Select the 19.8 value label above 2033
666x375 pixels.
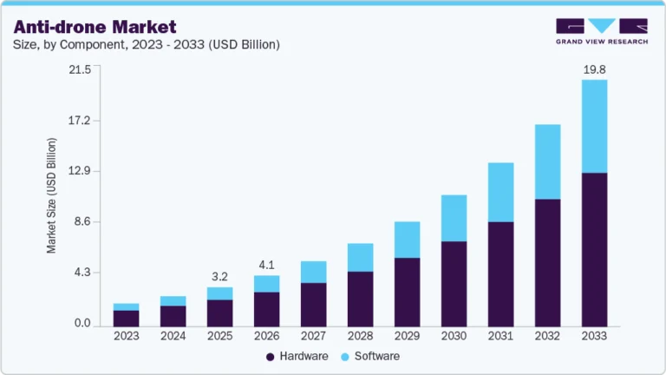pyautogui.click(x=594, y=69)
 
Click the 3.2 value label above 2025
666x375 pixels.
pyautogui.click(x=219, y=277)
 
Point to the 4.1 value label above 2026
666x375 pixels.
pyautogui.click(x=266, y=265)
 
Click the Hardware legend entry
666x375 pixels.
pyautogui.click(x=297, y=356)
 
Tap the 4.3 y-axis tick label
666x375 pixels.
pyautogui.click(x=82, y=273)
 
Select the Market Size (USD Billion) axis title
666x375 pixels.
pyautogui.click(x=52, y=195)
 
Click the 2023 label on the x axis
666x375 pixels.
pyautogui.click(x=126, y=336)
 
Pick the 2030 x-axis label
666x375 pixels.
pyautogui.click(x=454, y=336)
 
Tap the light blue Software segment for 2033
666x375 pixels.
pyautogui.click(x=594, y=126)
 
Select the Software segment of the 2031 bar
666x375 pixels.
pyautogui.click(x=500, y=192)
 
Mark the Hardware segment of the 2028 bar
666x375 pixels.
pyautogui.click(x=360, y=299)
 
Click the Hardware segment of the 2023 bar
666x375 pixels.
pyautogui.click(x=126, y=318)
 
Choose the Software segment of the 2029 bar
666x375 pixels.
pyautogui.click(x=407, y=240)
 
